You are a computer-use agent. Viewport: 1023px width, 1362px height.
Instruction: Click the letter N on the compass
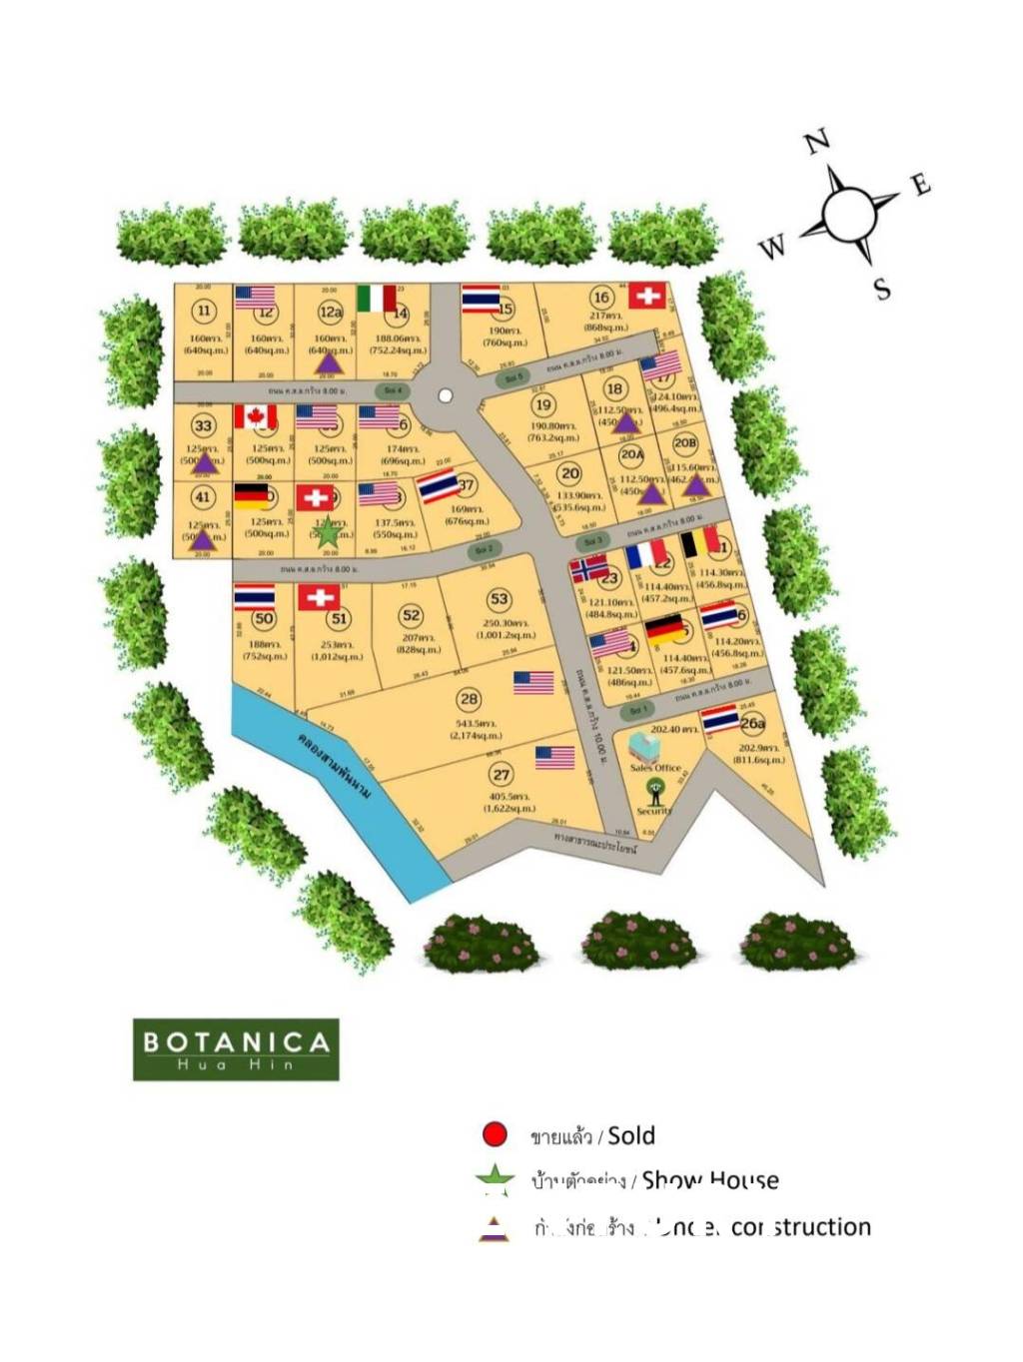817,142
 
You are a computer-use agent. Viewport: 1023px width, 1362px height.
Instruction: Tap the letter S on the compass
882,290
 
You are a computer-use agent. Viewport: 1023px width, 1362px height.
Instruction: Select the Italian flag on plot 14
377,298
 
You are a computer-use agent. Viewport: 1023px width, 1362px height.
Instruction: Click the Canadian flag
255,416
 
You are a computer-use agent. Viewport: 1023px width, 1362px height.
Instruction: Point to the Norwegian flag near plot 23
588,569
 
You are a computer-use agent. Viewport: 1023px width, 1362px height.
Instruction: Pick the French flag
646,554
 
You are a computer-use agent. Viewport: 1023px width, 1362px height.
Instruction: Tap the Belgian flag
699,540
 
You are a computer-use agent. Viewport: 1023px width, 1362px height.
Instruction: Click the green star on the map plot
328,533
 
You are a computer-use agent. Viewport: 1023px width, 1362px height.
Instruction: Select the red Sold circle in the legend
495,1134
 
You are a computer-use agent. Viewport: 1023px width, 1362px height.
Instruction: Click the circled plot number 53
500,599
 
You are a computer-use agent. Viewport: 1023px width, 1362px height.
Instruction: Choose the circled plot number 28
469,699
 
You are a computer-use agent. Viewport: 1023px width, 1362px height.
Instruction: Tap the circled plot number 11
204,311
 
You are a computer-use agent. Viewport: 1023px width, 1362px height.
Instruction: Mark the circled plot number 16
600,297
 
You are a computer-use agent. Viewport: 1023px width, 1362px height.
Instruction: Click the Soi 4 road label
393,389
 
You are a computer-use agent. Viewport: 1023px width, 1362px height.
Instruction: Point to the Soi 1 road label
637,710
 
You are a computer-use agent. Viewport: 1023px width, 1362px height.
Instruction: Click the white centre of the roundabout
446,395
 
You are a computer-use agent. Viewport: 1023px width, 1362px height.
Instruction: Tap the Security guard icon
655,792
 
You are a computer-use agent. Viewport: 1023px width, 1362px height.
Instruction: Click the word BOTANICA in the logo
237,1042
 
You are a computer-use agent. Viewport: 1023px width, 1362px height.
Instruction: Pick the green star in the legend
495,1179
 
